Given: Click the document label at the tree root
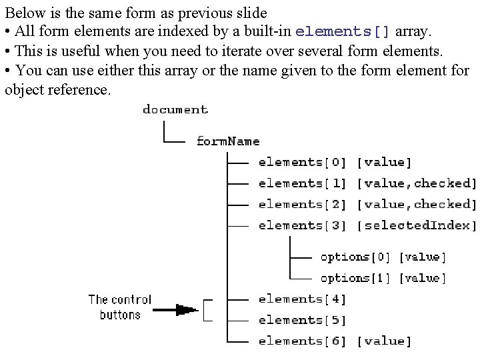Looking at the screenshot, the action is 175,110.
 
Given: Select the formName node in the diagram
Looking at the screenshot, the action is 227,141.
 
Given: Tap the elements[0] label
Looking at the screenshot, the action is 303,162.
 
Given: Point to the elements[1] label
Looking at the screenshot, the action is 303,183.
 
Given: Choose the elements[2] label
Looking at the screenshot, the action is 303,204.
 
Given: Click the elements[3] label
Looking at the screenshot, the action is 303,225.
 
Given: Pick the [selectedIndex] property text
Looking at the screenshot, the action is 417,225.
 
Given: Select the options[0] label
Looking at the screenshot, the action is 355,257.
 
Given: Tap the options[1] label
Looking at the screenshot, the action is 355,277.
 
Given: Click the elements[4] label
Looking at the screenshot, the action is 303,299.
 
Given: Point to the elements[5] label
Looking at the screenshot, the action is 303,320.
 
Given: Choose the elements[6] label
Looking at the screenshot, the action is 303,341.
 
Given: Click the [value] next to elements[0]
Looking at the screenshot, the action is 385,162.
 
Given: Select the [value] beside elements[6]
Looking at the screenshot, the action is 385,341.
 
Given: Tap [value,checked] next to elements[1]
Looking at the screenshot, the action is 417,183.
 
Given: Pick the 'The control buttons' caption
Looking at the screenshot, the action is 120,307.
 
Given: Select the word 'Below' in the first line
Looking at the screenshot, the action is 21,13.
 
